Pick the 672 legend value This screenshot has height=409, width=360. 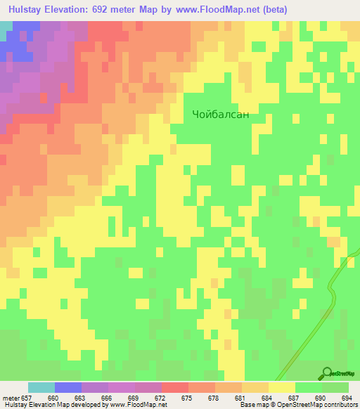[x=161, y=398]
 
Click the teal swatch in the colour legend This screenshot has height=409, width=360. [x=41, y=387]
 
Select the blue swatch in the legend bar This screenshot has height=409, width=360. [x=68, y=387]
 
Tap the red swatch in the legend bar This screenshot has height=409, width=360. [x=175, y=387]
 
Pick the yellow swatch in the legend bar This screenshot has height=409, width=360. [x=282, y=387]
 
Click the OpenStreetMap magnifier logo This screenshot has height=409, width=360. [x=328, y=372]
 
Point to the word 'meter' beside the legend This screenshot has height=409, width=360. [x=12, y=398]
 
